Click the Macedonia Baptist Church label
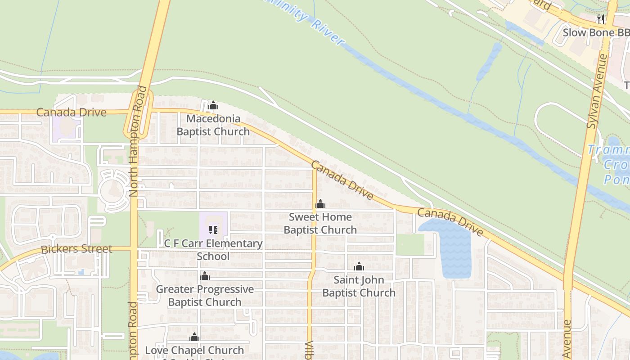click(x=213, y=125)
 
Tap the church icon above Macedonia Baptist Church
click(x=213, y=106)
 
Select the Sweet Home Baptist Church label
click(x=320, y=223)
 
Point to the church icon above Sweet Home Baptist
click(x=320, y=204)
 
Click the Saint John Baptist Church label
click(x=359, y=286)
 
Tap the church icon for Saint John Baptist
click(x=359, y=267)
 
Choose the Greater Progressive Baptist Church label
click(x=205, y=295)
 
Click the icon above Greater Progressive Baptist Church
click(x=205, y=276)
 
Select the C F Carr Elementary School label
click(x=213, y=250)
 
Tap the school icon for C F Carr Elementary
click(x=213, y=230)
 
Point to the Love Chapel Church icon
click(x=194, y=337)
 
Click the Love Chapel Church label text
click(x=194, y=351)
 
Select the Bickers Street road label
click(x=76, y=249)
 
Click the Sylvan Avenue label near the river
click(x=597, y=90)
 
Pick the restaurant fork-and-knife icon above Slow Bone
click(x=601, y=19)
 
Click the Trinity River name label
click(x=310, y=25)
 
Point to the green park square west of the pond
click(x=410, y=245)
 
